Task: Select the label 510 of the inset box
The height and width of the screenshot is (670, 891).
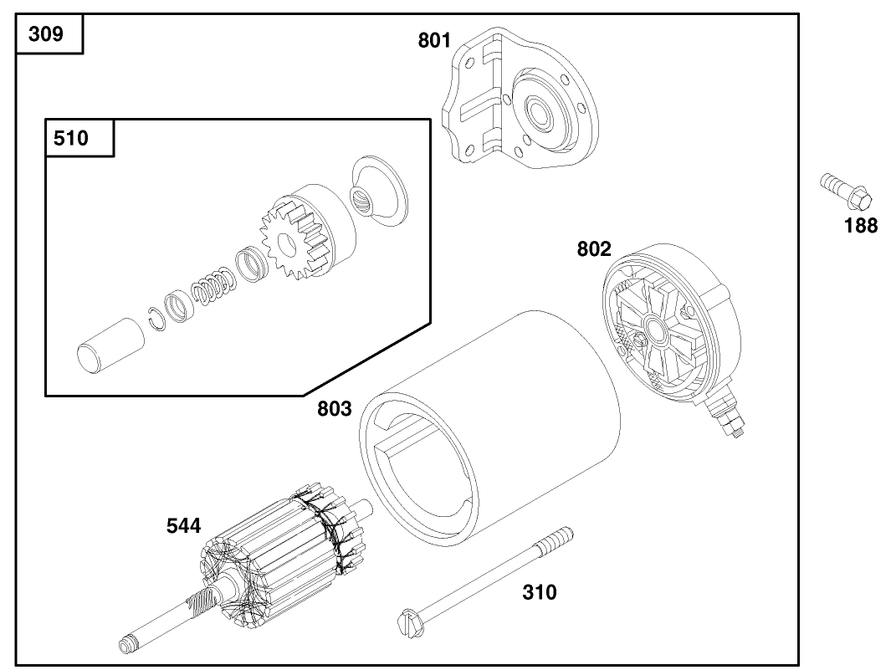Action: coord(70,138)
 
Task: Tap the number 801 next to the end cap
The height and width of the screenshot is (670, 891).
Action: coord(435,40)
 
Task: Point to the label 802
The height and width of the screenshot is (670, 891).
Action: coord(594,249)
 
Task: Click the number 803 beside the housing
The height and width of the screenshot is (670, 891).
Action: coord(335,410)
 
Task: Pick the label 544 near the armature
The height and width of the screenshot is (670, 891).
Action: coord(183,526)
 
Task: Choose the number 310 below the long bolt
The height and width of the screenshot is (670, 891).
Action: coord(539,593)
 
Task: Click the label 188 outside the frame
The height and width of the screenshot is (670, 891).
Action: coord(861,225)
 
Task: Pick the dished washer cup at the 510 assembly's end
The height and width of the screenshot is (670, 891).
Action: coord(378,191)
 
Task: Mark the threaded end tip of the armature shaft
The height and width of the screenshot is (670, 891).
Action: coord(126,645)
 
